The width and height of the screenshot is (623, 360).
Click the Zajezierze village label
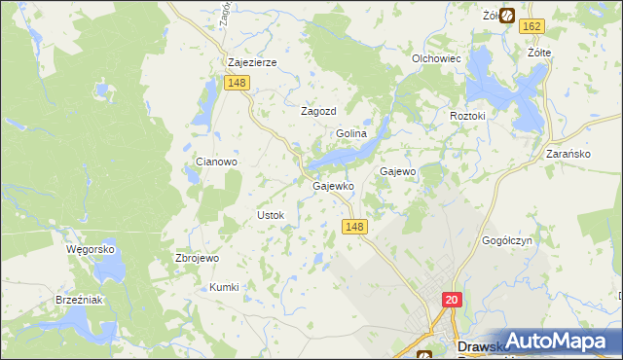(x=252, y=62)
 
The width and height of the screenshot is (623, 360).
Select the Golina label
(x=350, y=133)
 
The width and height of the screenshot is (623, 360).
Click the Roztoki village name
(x=474, y=116)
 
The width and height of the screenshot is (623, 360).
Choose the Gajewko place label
(x=331, y=186)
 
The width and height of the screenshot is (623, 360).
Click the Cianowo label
(x=217, y=162)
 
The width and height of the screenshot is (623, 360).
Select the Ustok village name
(x=270, y=214)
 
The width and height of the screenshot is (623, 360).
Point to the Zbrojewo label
(x=196, y=258)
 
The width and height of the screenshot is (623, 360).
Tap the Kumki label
(x=224, y=287)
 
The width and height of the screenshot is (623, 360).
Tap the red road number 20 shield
(x=452, y=301)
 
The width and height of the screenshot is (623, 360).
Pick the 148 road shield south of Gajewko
(x=355, y=226)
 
